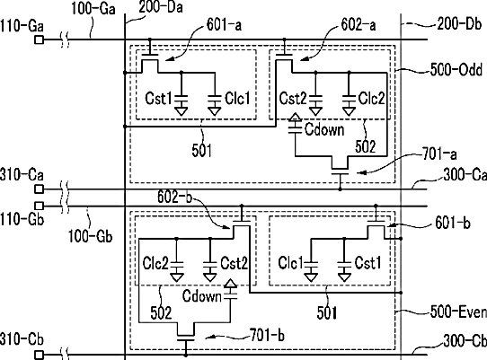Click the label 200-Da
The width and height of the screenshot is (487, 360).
161,7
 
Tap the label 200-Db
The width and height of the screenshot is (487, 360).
459,23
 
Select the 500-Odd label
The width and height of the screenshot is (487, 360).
456,69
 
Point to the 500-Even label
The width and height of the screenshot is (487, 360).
458,312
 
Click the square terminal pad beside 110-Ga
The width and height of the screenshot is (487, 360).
39,40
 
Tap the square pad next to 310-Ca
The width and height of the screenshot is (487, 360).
39,189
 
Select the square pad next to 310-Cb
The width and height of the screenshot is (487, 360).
39,355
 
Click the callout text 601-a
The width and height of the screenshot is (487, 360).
224,25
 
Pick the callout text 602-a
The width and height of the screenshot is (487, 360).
359,24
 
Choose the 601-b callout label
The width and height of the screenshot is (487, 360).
453,223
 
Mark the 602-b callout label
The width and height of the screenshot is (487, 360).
174,197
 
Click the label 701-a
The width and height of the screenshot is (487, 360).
439,154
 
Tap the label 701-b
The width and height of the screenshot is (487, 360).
267,335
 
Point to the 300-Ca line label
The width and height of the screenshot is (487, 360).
465,174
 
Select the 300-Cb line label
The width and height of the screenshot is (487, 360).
465,341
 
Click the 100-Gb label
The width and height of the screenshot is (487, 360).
90,236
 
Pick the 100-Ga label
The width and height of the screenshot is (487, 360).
93,8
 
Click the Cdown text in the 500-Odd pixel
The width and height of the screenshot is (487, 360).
324,129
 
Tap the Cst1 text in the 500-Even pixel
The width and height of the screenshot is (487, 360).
367,263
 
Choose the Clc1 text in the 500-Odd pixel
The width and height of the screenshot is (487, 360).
237,99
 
